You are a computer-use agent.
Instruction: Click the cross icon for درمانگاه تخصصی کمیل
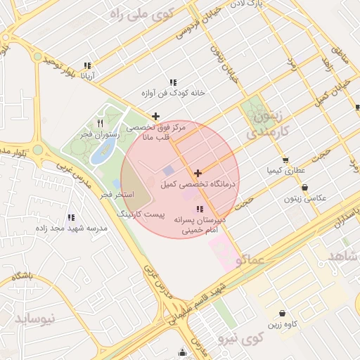[x=198, y=173]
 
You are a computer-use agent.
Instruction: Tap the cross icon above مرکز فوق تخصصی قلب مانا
[x=155, y=116]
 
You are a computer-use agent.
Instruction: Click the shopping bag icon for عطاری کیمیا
[x=285, y=159]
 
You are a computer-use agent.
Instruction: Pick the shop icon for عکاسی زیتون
[x=304, y=187]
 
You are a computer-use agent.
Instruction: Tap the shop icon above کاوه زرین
[x=282, y=314]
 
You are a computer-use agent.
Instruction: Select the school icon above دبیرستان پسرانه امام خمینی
[x=200, y=209]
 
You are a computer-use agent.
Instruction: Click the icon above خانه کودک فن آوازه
[x=173, y=82]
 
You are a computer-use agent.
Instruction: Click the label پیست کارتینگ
[x=139, y=213]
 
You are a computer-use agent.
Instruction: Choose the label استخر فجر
[x=112, y=193]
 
